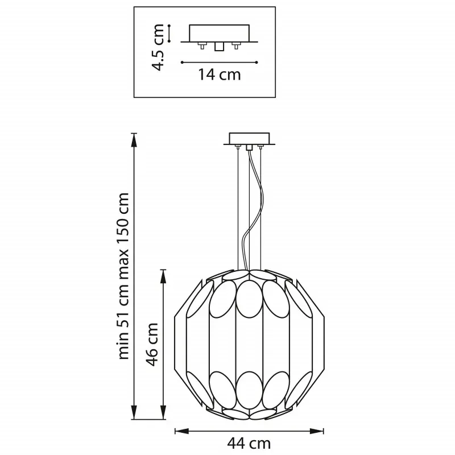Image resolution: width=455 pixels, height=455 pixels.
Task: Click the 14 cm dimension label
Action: click(220, 75)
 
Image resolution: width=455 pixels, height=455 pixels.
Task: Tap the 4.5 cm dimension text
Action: click(159, 47)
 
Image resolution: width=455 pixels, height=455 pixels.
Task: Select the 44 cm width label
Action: click(249, 443)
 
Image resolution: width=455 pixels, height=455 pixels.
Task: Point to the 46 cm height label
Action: click(152, 344)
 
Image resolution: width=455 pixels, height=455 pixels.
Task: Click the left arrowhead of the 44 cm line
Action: click(181, 431)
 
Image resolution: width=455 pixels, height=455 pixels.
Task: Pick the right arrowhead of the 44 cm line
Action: click(317, 431)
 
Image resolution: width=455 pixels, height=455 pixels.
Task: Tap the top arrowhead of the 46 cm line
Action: click(164, 276)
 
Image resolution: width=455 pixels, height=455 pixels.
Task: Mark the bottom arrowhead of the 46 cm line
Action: click(164, 412)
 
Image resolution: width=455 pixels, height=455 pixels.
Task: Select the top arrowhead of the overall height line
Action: click(134, 140)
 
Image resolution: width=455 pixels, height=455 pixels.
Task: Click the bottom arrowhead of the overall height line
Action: click(134, 412)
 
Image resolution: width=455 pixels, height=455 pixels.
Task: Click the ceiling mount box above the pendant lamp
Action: click(249, 139)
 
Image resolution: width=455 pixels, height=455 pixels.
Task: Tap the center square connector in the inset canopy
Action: click(219, 47)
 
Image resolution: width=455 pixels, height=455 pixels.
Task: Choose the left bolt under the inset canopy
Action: click(202, 45)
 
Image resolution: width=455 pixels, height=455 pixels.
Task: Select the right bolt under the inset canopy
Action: click(236, 45)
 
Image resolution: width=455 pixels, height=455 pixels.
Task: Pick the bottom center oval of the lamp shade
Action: click(249, 391)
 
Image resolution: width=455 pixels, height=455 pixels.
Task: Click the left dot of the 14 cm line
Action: click(182, 62)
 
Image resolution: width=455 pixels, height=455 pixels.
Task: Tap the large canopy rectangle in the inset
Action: click(219, 33)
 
